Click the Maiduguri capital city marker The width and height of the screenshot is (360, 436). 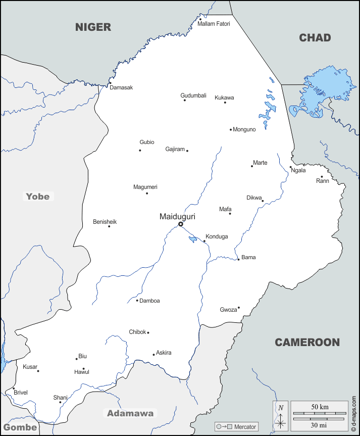tap(180, 224)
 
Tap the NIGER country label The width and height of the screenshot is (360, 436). tap(93, 27)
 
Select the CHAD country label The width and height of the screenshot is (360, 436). tap(315, 38)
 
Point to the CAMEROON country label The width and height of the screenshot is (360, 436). tap(307, 343)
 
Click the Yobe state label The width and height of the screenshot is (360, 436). tap(38, 196)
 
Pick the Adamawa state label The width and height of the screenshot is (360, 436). tap(130, 413)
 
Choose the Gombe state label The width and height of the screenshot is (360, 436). tap(20, 427)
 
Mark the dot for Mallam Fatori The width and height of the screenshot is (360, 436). tap(200, 19)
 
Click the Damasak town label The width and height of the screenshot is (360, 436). tap(121, 87)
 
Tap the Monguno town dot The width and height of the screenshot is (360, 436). tap(231, 129)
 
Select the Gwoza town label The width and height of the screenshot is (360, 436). tap(228, 310)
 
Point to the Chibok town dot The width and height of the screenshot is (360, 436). tap(148, 332)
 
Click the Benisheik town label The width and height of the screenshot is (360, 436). tap(105, 221)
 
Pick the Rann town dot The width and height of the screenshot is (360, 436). tap(322, 177)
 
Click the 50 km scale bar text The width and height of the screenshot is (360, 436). tap(319, 407)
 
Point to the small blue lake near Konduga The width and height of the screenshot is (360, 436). tap(192, 239)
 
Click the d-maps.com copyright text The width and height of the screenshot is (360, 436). tap(354, 413)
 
